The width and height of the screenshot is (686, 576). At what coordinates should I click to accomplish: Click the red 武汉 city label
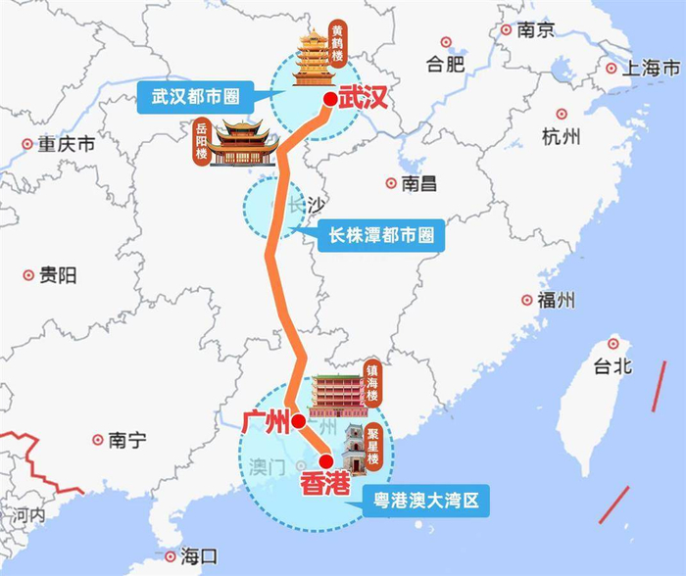[x=365, y=97]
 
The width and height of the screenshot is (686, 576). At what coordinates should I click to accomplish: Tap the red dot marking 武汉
[x=331, y=97]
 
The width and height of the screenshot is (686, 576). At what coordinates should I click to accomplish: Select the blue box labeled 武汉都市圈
[x=196, y=97]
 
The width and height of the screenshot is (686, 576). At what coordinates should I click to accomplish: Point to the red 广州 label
[x=265, y=422]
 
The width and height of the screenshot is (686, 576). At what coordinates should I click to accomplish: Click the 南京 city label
[x=536, y=30]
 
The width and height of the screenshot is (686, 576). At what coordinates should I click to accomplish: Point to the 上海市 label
[x=654, y=69]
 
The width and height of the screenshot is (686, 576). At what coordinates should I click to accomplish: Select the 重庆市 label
[x=66, y=144]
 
